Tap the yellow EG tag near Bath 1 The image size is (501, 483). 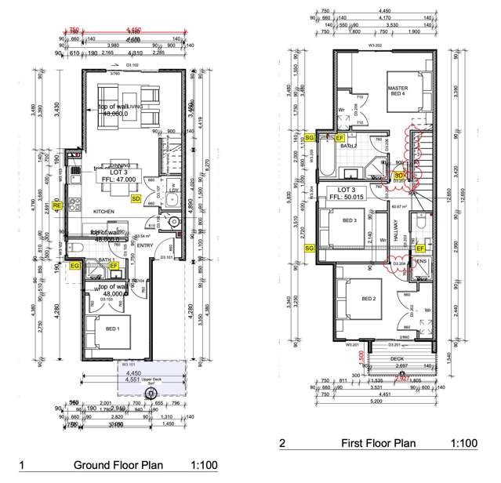pos(76,267)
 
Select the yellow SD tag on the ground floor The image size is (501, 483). pos(136,199)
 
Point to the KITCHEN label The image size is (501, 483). pos(106,212)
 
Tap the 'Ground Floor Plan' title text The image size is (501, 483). pos(118,465)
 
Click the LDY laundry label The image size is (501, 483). pos(175,189)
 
